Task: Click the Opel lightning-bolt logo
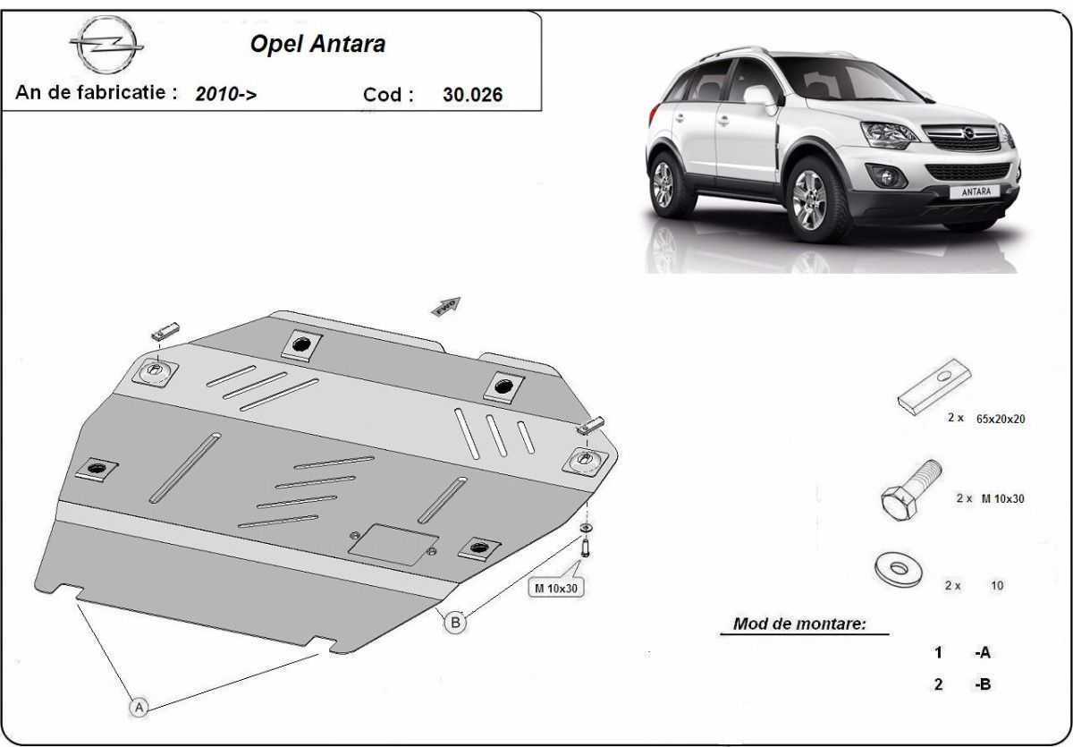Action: pyautogui.click(x=106, y=45)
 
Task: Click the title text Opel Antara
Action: pyautogui.click(x=317, y=44)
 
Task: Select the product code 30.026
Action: pyautogui.click(x=472, y=95)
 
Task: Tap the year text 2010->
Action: pyautogui.click(x=225, y=93)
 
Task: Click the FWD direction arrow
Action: pyautogui.click(x=446, y=307)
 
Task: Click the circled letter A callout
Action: pyautogui.click(x=139, y=708)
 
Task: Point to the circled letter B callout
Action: pyautogui.click(x=455, y=623)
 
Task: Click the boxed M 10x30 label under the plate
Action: pyautogui.click(x=555, y=588)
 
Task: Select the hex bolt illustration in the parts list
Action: pyautogui.click(x=910, y=490)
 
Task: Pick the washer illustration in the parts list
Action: pyautogui.click(x=898, y=569)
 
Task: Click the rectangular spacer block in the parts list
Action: pyautogui.click(x=934, y=386)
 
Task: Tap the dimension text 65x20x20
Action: pyautogui.click(x=1001, y=419)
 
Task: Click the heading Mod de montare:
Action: pyautogui.click(x=799, y=624)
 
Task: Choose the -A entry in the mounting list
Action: pyautogui.click(x=983, y=652)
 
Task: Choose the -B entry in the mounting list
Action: pyautogui.click(x=983, y=683)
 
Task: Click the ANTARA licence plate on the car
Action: pyautogui.click(x=976, y=191)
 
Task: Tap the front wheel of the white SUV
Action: pyautogui.click(x=810, y=199)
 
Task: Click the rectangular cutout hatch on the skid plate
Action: pyautogui.click(x=393, y=544)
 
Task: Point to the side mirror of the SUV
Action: pyautogui.click(x=762, y=96)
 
